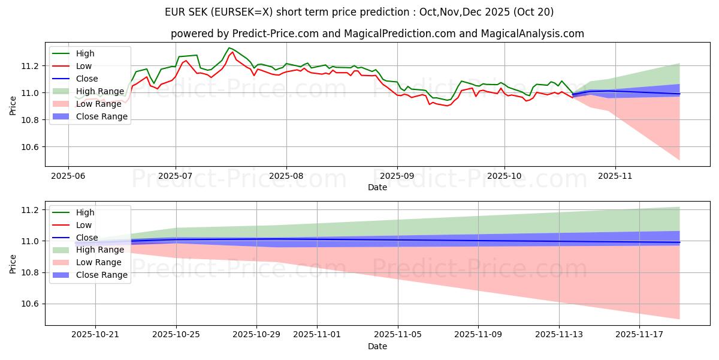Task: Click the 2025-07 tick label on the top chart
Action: coord(176,176)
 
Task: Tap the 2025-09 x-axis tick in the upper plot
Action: coord(397,176)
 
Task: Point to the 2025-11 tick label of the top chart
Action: coord(615,176)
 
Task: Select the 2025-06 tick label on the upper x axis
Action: coord(68,176)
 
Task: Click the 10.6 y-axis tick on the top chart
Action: coord(31,148)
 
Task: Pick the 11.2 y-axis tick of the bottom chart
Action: coord(31,210)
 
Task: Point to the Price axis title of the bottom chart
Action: coord(14,263)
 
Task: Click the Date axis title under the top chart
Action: coord(377,187)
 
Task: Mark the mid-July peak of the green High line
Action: coord(229,48)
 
